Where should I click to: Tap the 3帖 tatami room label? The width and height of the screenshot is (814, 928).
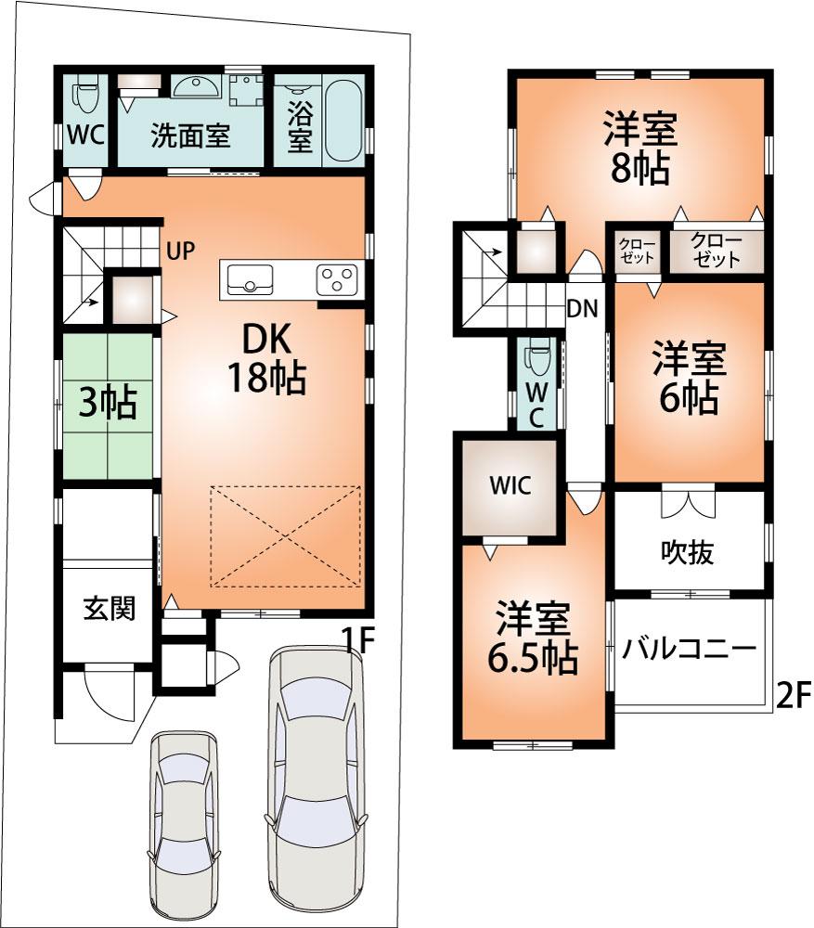point(107,403)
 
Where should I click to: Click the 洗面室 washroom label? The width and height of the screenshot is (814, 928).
point(190,137)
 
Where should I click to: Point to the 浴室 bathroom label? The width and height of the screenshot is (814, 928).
point(299,127)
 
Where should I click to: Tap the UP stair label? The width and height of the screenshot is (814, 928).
point(181,251)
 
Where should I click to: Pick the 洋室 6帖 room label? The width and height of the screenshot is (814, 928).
point(687,379)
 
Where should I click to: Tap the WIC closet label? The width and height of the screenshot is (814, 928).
point(511,486)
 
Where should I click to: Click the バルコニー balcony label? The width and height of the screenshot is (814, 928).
point(690,649)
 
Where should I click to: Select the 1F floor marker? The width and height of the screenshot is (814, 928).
point(356,639)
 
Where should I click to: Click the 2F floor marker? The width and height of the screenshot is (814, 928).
point(794,694)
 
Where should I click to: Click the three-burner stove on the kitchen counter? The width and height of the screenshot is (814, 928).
point(337,278)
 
